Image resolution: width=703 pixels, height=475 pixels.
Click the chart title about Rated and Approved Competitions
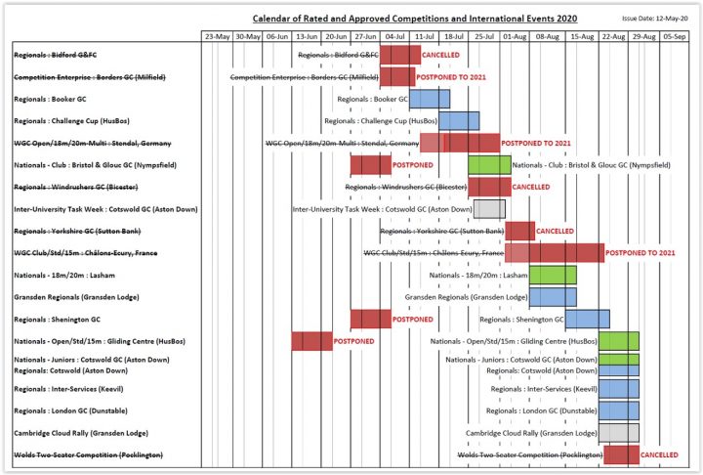[x=415, y=19]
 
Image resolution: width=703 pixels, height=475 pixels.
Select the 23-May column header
[x=218, y=36]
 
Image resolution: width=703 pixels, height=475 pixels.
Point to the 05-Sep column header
[x=673, y=36]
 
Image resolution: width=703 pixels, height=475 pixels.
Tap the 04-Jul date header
[x=395, y=36]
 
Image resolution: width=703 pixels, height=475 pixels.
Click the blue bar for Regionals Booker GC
[x=430, y=99]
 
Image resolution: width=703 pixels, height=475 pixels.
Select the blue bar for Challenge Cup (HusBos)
[x=459, y=120]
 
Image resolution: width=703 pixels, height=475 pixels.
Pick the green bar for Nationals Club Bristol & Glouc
[x=489, y=164]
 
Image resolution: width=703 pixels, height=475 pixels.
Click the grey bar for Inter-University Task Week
[x=489, y=208]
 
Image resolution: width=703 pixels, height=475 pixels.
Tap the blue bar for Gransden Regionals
[x=553, y=296]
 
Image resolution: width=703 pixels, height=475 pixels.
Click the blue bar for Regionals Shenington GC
[x=588, y=319]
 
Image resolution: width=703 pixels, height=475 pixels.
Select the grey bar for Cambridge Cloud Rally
[x=619, y=432]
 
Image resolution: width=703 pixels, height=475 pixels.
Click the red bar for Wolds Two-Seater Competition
[x=621, y=454]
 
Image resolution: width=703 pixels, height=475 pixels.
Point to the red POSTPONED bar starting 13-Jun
[x=311, y=341]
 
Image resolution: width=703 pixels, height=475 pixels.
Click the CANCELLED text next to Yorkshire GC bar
[x=555, y=231]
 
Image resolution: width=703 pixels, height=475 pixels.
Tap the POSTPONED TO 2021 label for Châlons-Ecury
[x=641, y=252]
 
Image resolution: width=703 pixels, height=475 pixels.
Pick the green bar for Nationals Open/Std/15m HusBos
[x=619, y=341]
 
